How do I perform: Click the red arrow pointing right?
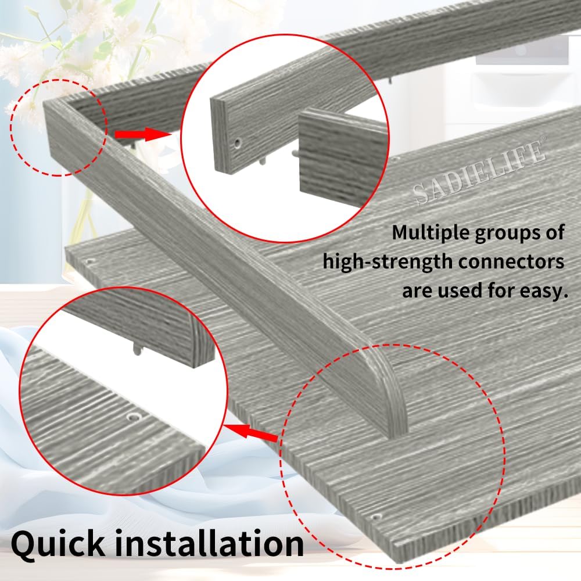(142, 134)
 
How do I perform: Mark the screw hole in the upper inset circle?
(238, 142)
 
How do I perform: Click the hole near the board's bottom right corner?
(377, 516)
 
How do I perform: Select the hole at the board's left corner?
(88, 261)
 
